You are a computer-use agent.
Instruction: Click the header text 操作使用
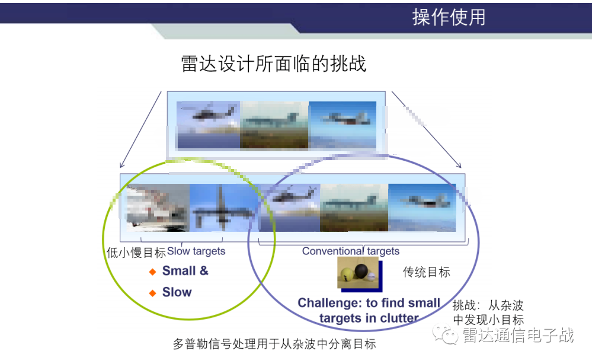[x=449, y=17]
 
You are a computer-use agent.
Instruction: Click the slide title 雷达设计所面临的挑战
[x=274, y=63]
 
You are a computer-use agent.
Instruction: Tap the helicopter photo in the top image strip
[x=209, y=125]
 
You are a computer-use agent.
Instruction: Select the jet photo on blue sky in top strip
[x=343, y=125]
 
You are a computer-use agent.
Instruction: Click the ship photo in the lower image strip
[x=158, y=208]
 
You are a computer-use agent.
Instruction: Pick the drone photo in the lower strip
[x=223, y=208]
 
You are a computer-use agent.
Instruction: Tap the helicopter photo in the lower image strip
[x=290, y=208]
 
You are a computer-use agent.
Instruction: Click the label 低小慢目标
[x=136, y=253]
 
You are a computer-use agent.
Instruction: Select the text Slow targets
[x=196, y=251]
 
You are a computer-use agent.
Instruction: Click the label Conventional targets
[x=351, y=251]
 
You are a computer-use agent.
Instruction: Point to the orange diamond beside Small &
[x=152, y=272]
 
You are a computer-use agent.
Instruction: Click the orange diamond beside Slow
[x=152, y=293]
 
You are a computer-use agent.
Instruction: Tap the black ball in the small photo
[x=361, y=270]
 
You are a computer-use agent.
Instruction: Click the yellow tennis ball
[x=347, y=275]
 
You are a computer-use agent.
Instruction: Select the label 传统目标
[x=426, y=272]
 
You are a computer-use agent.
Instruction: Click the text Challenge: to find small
[x=369, y=302]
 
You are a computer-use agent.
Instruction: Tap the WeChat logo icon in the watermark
[x=445, y=334]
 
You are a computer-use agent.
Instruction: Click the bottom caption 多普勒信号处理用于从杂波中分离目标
[x=274, y=344]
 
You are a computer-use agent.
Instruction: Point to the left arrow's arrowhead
[x=121, y=165]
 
